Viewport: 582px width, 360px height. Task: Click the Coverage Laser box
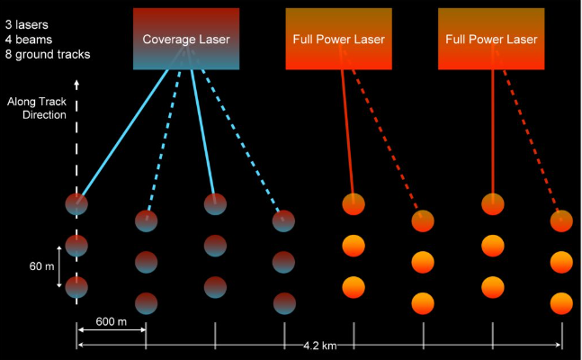[x=186, y=39]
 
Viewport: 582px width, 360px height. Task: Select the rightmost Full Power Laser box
[x=491, y=39]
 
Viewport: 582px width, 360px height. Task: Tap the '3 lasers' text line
[x=30, y=17]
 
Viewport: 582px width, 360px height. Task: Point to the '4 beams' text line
[x=30, y=35]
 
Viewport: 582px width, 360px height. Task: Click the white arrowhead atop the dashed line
[x=77, y=85]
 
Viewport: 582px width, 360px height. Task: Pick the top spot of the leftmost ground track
[x=77, y=204]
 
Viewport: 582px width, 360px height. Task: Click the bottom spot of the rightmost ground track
[x=562, y=302]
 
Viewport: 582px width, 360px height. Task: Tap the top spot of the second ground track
[x=146, y=220]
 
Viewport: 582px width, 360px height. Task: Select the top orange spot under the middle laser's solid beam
[x=354, y=204]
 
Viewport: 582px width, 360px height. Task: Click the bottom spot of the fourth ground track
[x=284, y=302]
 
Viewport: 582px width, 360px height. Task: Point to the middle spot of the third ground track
[x=215, y=245]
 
